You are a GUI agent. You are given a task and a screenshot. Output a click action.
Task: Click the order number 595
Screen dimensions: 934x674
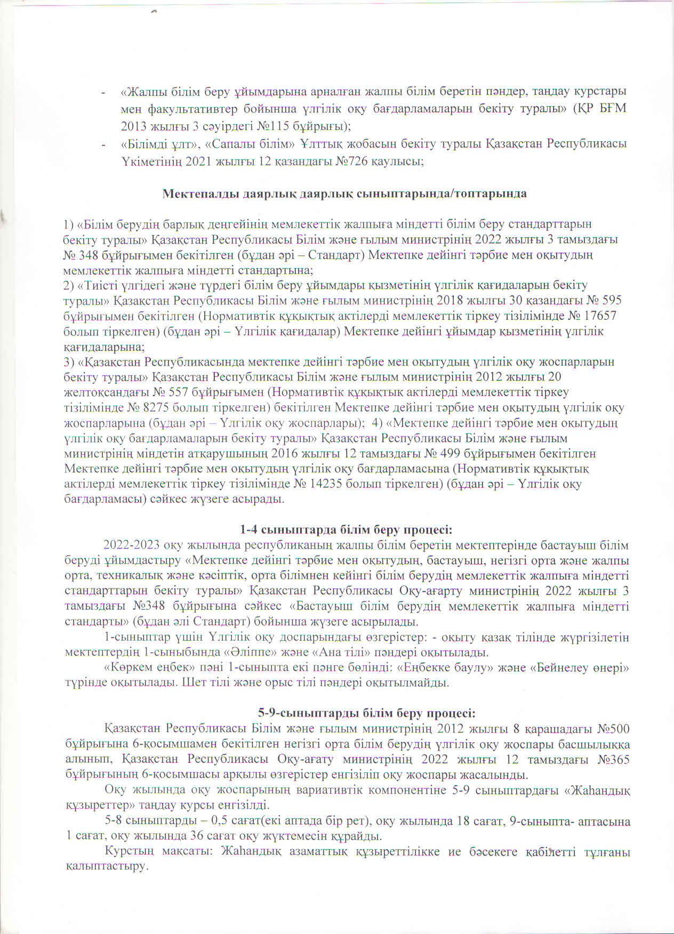611,300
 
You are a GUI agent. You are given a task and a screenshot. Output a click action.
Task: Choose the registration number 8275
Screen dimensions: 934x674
164,408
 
